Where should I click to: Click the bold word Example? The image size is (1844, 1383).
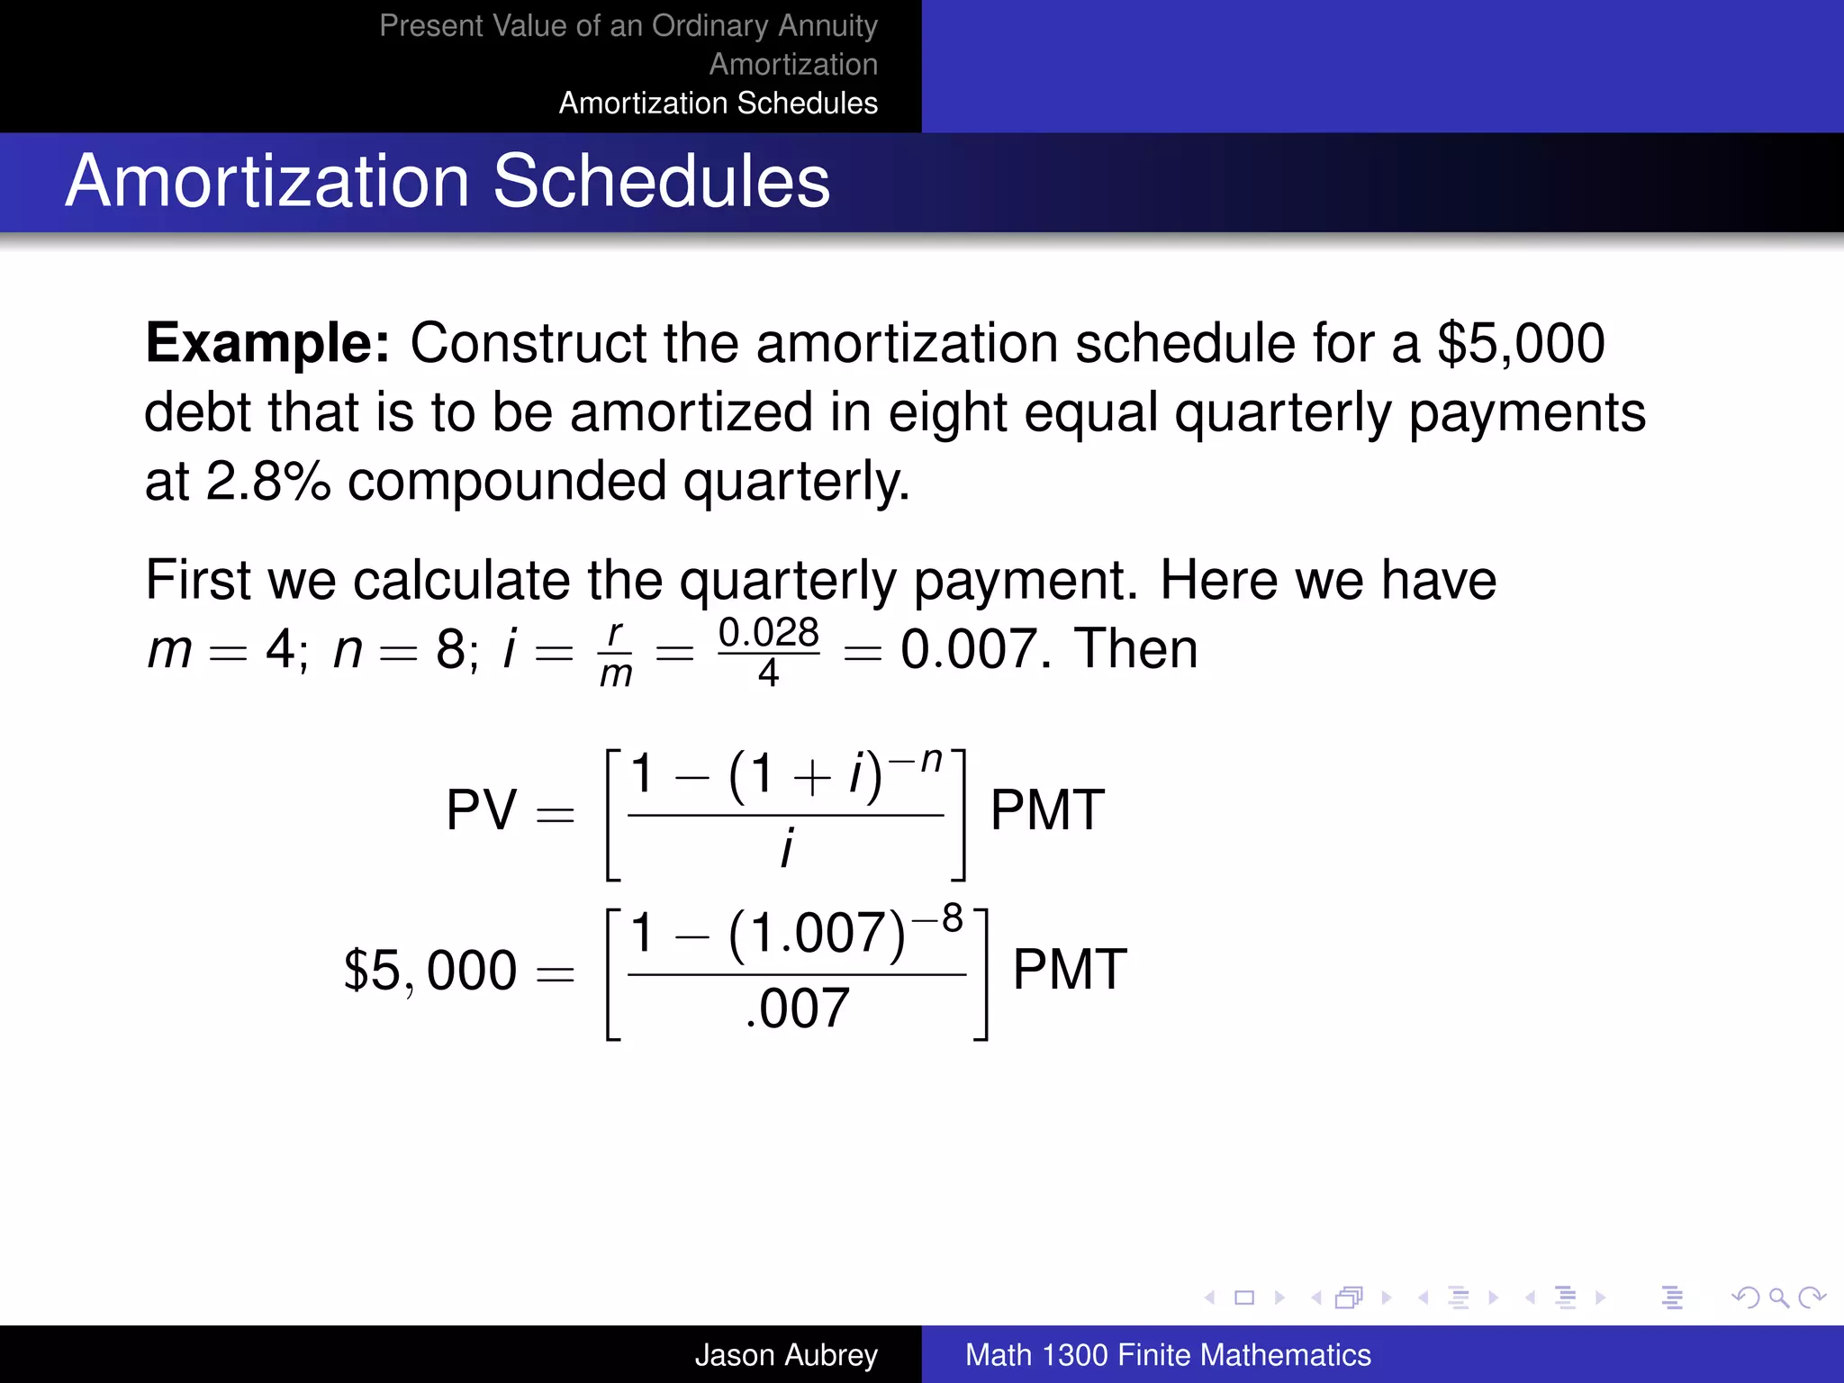267,343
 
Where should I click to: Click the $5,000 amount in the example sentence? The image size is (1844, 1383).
1521,343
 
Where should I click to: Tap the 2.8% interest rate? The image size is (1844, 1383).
268,481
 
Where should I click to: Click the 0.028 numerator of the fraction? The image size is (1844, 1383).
768,632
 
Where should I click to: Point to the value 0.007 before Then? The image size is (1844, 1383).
974,649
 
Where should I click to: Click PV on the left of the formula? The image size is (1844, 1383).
482,809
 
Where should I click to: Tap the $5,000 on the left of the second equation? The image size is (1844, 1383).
430,971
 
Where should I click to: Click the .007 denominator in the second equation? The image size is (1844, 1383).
797,1008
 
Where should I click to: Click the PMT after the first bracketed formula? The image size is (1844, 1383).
1047,809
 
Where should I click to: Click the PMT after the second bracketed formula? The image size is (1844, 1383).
1070,970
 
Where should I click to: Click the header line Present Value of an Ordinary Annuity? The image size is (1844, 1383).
628,25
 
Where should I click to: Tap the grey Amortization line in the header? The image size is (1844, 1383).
793,64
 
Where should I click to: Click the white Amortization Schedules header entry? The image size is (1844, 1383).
718,103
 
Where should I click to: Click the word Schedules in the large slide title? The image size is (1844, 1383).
661,181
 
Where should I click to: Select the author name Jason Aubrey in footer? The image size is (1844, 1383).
786,1354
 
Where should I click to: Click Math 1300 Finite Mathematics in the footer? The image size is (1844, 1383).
1168,1354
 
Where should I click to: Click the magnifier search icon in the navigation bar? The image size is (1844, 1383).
1778,1297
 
